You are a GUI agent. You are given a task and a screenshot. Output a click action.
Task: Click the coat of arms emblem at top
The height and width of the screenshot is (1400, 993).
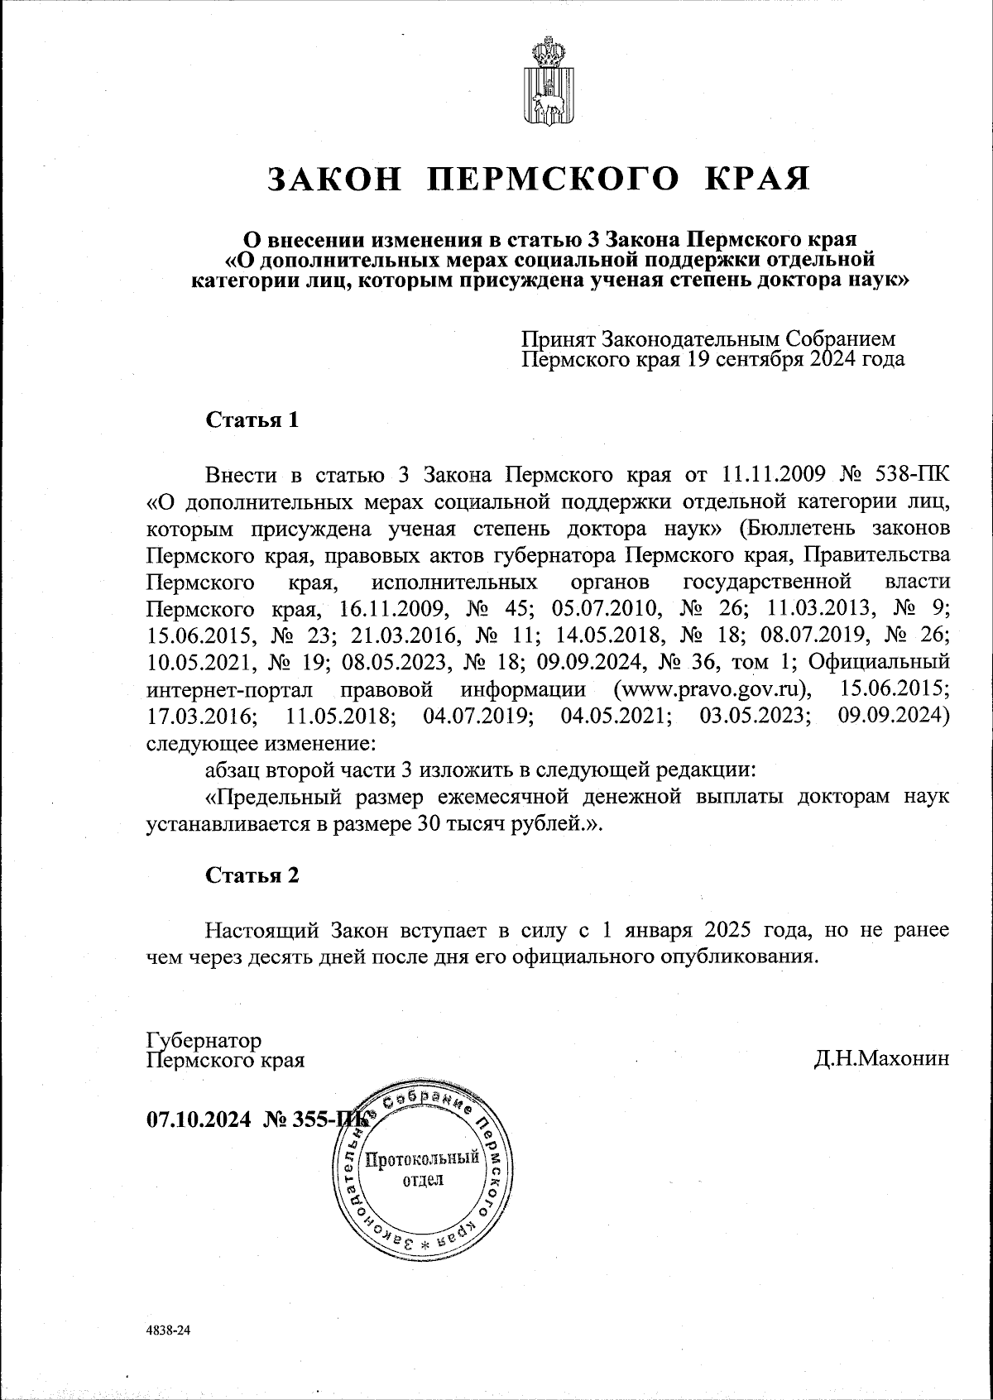click(x=542, y=82)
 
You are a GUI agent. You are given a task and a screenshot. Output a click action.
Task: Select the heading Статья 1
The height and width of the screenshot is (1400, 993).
click(x=252, y=420)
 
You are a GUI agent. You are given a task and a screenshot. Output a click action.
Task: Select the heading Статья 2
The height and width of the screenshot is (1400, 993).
click(x=252, y=875)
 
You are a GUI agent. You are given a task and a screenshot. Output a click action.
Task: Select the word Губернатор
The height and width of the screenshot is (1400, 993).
click(x=204, y=1040)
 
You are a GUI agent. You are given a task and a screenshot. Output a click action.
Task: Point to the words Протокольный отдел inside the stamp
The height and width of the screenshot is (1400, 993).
click(x=422, y=1167)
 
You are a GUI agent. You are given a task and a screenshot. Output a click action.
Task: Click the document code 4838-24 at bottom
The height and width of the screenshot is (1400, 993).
click(x=168, y=1331)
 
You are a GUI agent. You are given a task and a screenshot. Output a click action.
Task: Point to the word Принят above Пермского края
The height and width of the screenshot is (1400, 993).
click(x=559, y=339)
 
